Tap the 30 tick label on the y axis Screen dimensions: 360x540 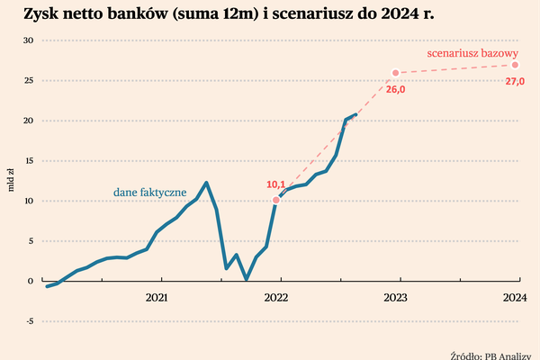click(27, 40)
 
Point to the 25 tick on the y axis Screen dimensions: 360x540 click(27, 80)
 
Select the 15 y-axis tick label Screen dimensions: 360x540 click(27, 160)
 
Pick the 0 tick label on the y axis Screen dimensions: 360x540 click(30, 281)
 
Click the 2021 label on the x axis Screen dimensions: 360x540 click(157, 297)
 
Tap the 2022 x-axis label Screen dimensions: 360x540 click(277, 297)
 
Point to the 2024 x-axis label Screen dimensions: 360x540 click(514, 297)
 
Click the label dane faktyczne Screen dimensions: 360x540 click(149, 193)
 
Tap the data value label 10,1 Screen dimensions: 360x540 click(277, 184)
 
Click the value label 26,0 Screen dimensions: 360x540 click(396, 89)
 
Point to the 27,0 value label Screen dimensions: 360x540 click(515, 81)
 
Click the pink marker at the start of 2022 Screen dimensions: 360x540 click(275, 200)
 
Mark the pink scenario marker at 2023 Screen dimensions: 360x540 click(395, 73)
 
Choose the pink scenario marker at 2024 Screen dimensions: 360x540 click(515, 65)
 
